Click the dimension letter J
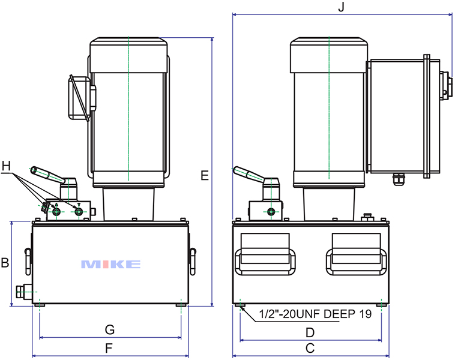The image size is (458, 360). point(341,7)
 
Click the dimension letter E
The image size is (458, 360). point(205,176)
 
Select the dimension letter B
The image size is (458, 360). point(5,263)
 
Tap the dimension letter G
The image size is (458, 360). point(109,330)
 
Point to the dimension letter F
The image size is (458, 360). point(109,347)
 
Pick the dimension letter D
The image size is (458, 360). point(310,332)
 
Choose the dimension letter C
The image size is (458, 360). point(310,348)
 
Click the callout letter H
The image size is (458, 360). point(7,165)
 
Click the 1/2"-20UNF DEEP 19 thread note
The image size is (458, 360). point(315,314)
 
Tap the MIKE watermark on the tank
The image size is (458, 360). point(110,264)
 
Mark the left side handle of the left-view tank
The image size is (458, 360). point(28,259)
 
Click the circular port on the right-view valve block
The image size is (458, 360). point(272,212)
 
